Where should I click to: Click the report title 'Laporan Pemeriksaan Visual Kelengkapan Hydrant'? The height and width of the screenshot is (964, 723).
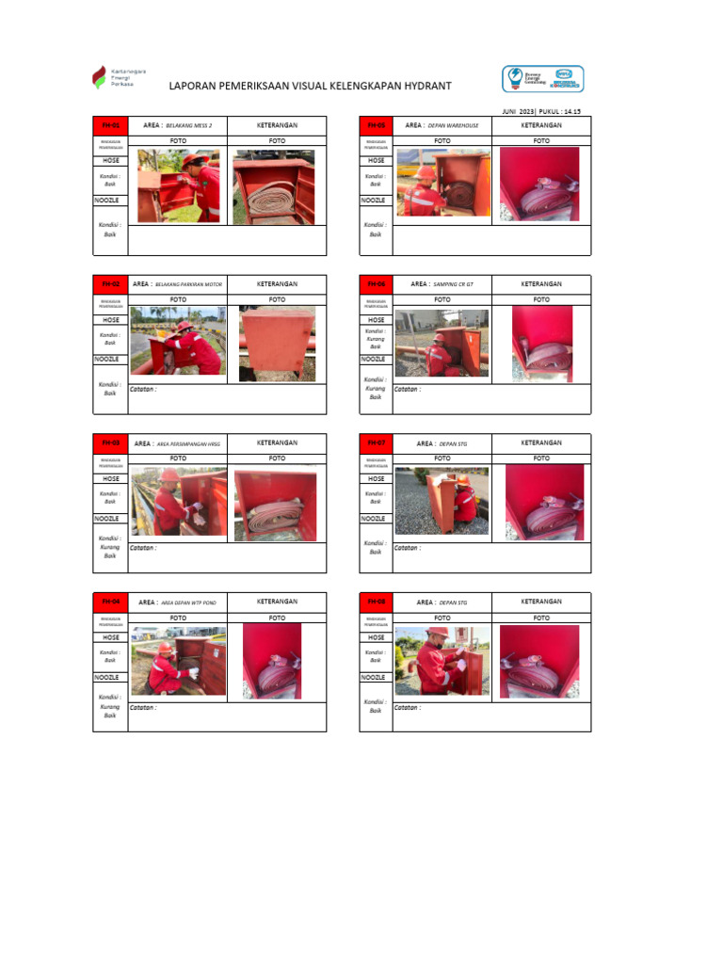[x=310, y=86]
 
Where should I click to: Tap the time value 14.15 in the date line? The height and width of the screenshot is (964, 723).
[x=572, y=111]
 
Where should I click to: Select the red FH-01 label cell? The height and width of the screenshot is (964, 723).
[x=110, y=125]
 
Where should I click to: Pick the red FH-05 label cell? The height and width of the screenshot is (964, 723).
[x=376, y=125]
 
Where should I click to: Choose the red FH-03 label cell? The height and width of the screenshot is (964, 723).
[x=110, y=443]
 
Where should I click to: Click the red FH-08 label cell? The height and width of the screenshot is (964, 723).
[x=376, y=602]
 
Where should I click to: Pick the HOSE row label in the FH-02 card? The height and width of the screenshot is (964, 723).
[x=110, y=320]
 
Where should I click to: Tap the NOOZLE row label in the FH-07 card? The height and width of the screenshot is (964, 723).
[x=376, y=519]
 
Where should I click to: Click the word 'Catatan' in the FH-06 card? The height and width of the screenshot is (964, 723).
[x=407, y=389]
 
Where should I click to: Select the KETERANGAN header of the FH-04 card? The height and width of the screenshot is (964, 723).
[x=277, y=602]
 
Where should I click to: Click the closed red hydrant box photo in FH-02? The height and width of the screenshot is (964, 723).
[x=277, y=343]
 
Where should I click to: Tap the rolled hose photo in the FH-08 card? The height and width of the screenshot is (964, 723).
[x=539, y=661]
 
